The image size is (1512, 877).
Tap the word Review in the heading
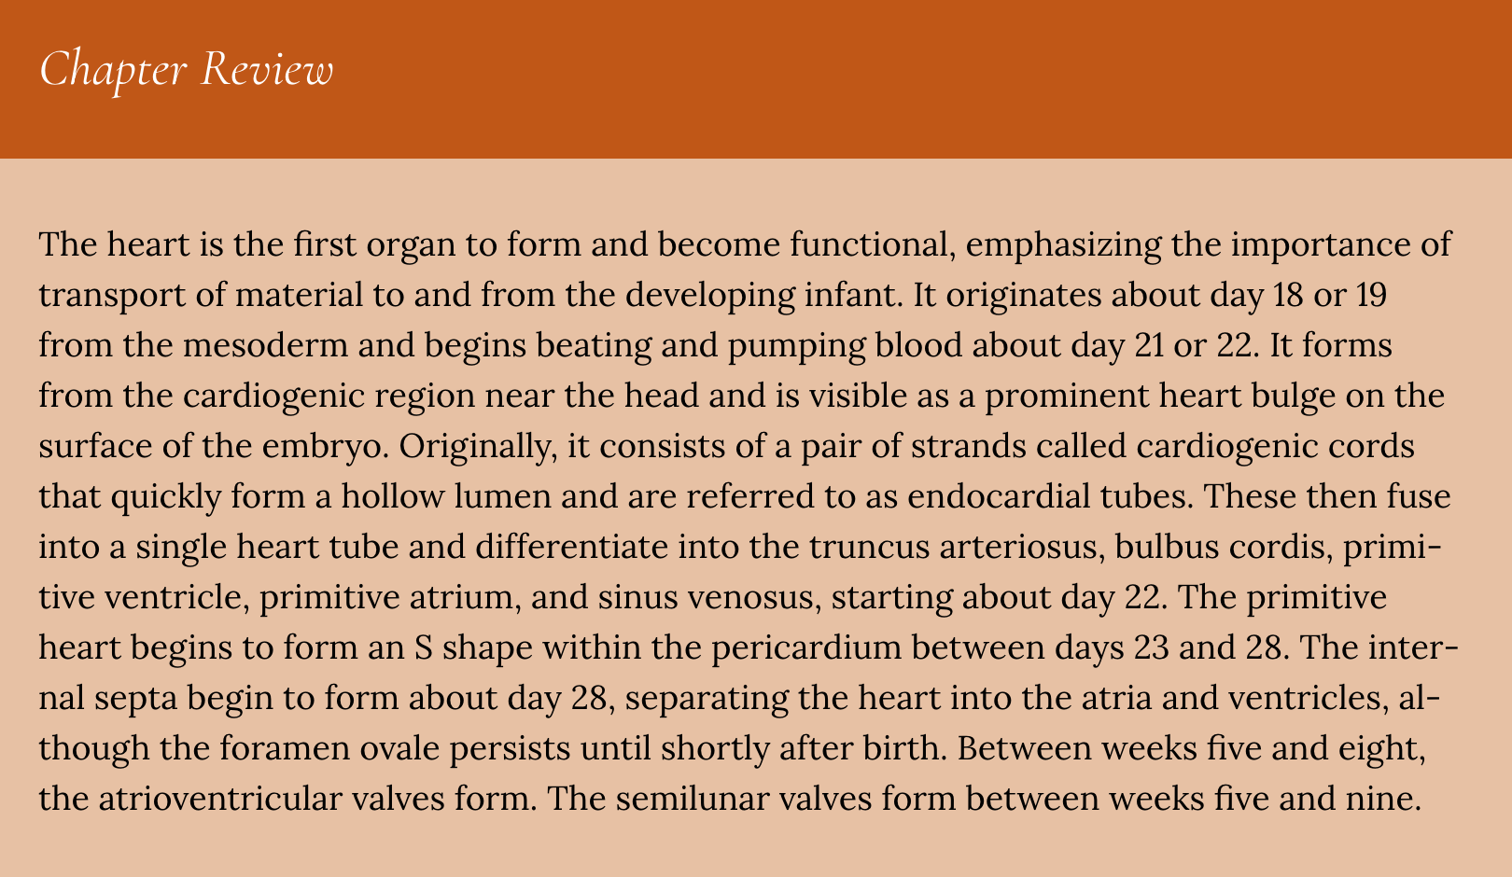[267, 68]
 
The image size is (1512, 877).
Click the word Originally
[478, 447]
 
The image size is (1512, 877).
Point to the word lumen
[502, 496]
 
